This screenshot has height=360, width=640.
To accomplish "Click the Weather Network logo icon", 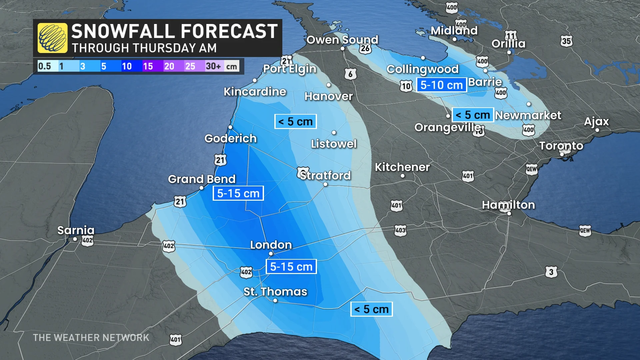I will coord(52,38).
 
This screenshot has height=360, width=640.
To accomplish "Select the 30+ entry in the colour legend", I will coord(213,66).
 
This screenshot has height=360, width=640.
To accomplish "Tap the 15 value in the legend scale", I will coord(148,66).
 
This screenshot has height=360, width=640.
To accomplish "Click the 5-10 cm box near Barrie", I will coord(441,85).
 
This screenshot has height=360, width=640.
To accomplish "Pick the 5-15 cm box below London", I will coord(291,267).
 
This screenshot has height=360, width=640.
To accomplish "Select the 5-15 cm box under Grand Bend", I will coord(238,193).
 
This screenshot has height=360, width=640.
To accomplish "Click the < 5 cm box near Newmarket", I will coord(472,115).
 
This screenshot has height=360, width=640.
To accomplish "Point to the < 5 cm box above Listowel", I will coord(295,122).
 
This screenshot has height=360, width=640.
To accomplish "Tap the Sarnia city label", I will coord(76,230).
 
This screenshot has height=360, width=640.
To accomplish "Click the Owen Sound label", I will coord(342,40).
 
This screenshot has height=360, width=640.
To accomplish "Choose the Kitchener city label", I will coord(402,167).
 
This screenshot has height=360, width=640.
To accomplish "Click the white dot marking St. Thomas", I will coord(275,300).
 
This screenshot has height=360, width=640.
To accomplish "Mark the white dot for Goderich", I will coord(230,127).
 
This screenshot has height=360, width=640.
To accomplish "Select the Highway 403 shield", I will coord(400,230).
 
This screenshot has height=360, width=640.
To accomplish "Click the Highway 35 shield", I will coord(566,41).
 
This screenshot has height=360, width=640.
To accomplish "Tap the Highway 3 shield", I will coord(551,272).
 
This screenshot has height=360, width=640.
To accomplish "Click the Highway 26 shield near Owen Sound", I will coord(365,49).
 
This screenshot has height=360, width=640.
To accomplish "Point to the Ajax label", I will coord(596,121).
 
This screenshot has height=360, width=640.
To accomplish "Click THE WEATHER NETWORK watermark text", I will coord(91,338).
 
